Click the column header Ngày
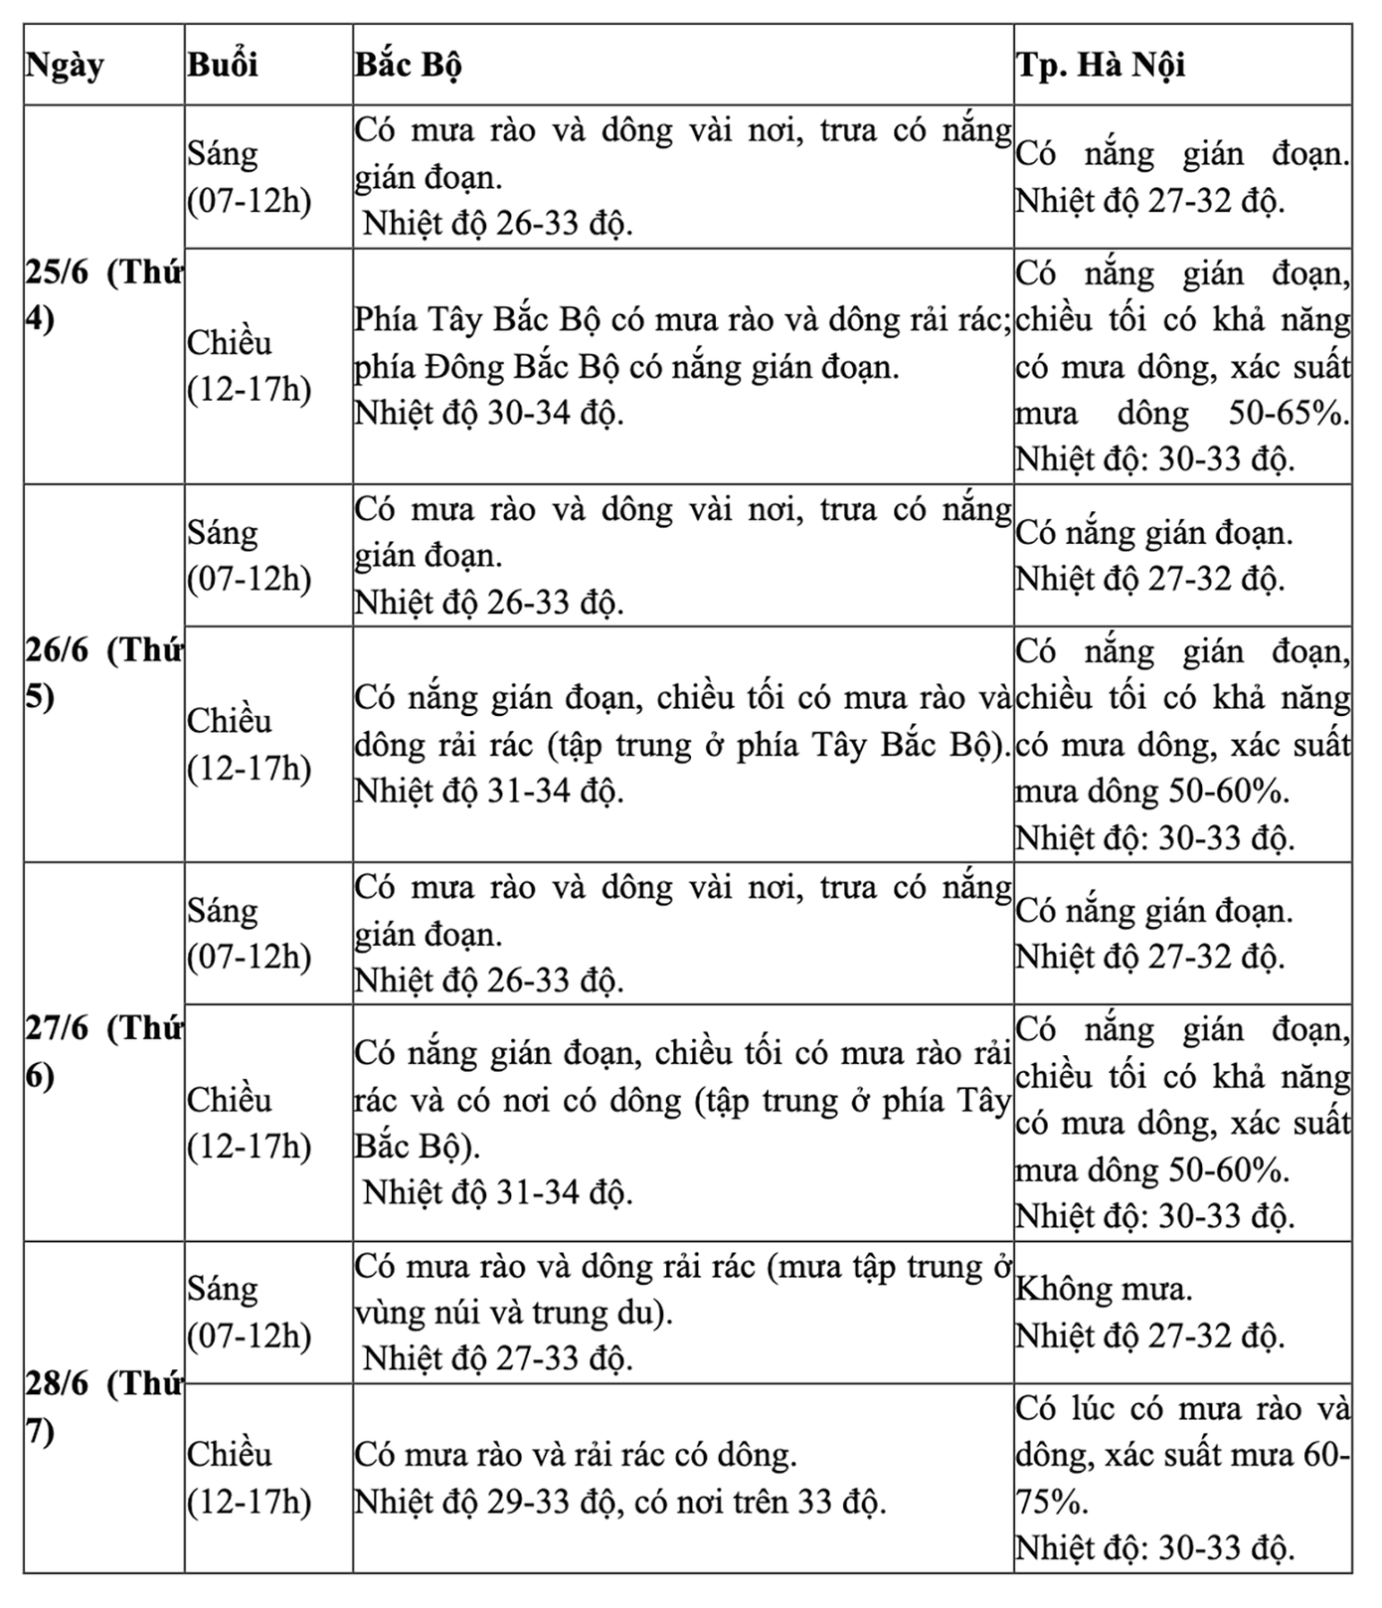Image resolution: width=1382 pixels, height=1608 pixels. click(x=65, y=66)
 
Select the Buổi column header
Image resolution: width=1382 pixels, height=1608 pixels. click(x=223, y=66)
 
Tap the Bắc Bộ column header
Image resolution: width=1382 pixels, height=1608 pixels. click(x=409, y=66)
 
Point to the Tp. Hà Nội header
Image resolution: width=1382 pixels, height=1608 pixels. click(x=1101, y=66)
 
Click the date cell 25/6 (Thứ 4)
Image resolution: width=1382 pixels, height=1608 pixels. click(x=103, y=296)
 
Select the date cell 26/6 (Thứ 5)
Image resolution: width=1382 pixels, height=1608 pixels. click(x=103, y=674)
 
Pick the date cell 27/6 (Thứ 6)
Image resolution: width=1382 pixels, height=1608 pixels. click(x=103, y=1052)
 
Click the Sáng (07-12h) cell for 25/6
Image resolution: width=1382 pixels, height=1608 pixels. click(x=250, y=177)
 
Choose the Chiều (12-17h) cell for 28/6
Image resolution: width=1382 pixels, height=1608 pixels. click(x=250, y=1478)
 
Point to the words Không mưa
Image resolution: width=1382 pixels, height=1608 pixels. click(x=1104, y=1290)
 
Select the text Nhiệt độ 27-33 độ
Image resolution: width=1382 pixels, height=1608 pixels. click(x=497, y=1358)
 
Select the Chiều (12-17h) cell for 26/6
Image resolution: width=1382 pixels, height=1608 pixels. click(x=250, y=744)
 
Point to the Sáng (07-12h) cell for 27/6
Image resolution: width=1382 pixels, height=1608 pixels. click(x=250, y=934)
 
